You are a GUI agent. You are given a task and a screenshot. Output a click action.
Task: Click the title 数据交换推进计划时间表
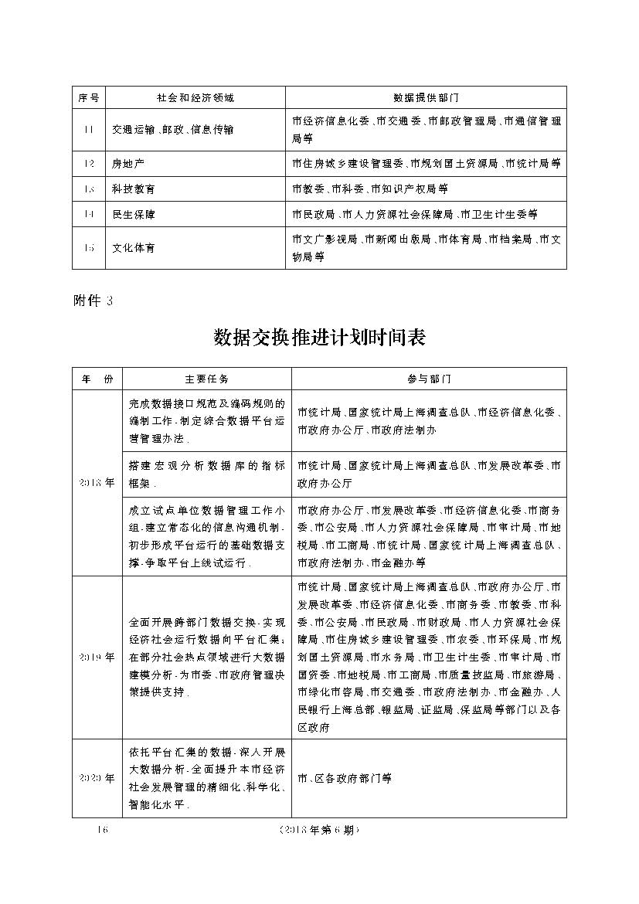[x=319, y=338]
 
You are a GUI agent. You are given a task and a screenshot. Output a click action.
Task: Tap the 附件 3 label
[x=93, y=301]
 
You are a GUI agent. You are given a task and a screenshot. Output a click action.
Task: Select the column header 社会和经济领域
[x=195, y=98]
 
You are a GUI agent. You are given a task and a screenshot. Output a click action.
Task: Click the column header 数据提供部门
[x=426, y=98]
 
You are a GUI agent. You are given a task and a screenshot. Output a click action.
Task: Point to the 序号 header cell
[x=89, y=98]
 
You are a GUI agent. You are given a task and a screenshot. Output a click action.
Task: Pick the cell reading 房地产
[x=128, y=164]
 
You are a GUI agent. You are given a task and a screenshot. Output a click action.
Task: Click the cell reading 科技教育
[x=133, y=189]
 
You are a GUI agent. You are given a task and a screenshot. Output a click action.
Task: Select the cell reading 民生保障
[x=133, y=214]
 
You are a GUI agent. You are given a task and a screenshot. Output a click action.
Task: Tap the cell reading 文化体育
[x=133, y=248]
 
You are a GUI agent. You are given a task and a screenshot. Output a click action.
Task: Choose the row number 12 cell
[x=89, y=164]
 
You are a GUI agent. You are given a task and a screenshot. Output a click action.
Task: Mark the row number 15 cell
[x=89, y=248]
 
